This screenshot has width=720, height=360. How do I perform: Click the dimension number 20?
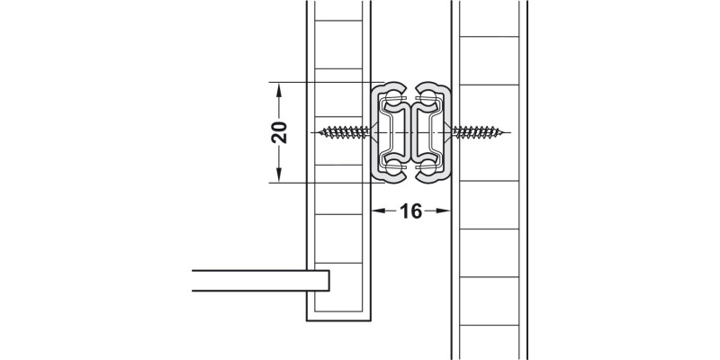(279, 132)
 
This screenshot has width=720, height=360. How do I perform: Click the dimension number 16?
(410, 211)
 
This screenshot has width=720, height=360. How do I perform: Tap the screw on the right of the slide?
(475, 133)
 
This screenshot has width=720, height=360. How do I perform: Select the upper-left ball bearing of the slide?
(393, 95)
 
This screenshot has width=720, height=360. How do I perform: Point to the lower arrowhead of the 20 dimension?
(279, 175)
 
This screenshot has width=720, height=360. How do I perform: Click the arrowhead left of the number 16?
(378, 211)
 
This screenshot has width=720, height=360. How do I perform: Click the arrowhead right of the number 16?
(444, 211)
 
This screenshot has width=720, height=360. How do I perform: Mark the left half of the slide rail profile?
(390, 132)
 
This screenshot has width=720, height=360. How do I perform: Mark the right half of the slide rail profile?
(432, 132)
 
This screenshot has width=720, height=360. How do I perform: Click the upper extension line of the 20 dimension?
(324, 83)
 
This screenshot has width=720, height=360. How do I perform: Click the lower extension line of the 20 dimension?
(324, 182)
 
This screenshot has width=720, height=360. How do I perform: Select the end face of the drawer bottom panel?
(328, 280)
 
